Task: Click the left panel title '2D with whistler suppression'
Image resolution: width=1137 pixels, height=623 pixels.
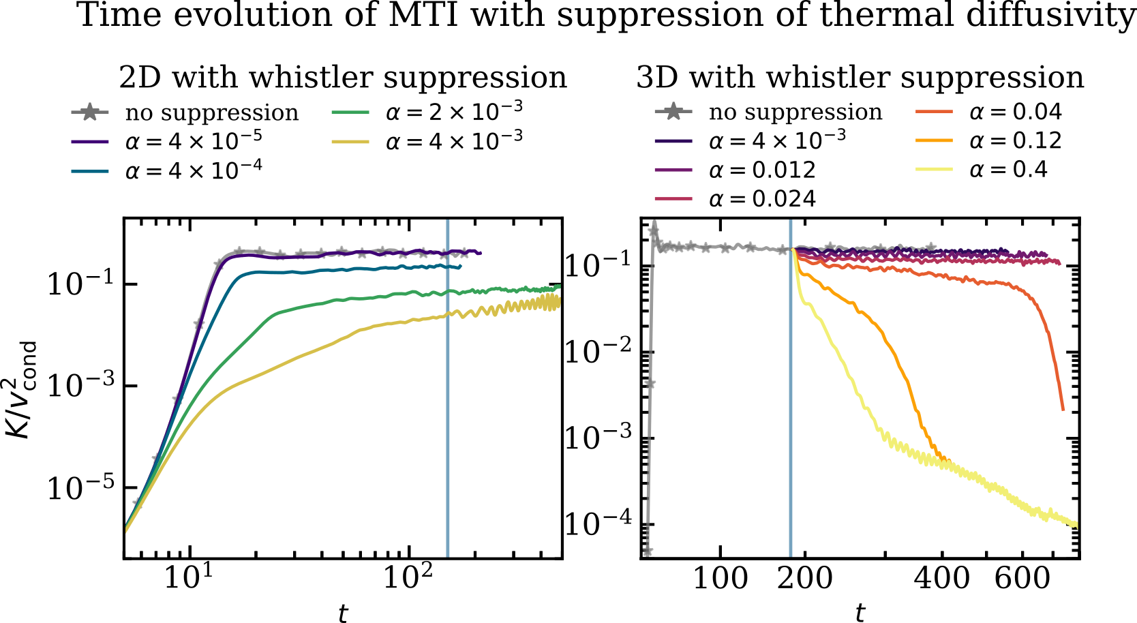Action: [343, 77]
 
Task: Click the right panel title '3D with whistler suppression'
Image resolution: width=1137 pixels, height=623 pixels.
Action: [860, 77]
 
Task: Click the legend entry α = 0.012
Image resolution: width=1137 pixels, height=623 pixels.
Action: [761, 170]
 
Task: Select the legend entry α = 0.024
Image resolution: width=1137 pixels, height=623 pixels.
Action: [761, 199]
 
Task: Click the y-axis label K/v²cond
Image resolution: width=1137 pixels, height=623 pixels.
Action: [22, 390]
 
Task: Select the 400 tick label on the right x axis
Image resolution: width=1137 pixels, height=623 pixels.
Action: [941, 578]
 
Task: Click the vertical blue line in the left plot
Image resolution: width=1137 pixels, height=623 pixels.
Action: [447, 409]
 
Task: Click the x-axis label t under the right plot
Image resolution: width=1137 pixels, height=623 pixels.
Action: [860, 612]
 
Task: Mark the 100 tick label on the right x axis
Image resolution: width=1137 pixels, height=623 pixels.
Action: [721, 578]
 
